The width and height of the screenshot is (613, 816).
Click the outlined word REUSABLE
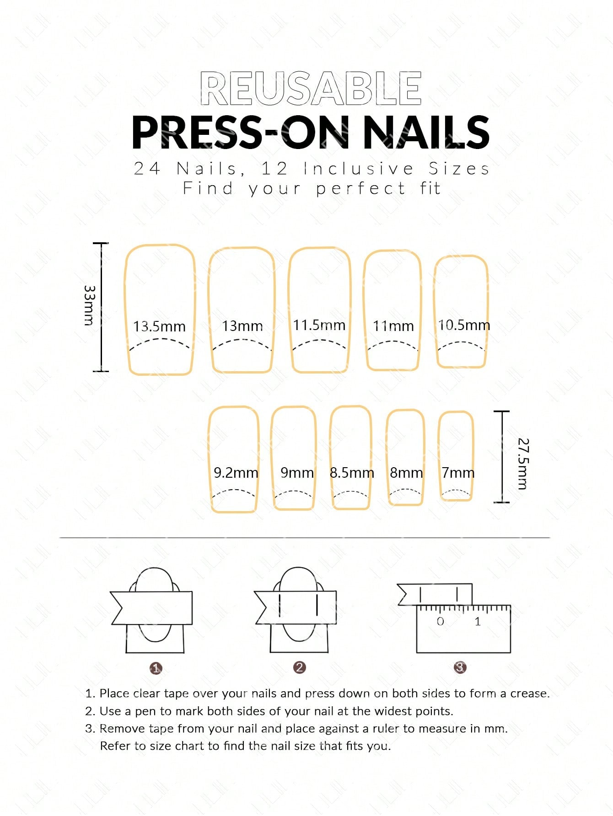(x=311, y=88)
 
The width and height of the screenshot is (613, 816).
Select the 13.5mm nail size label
(x=159, y=326)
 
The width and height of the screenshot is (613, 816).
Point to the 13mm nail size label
(x=242, y=326)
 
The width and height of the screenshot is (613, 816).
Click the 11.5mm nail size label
(x=319, y=325)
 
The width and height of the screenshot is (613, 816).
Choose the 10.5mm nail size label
(x=464, y=325)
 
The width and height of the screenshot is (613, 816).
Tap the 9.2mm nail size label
(x=236, y=473)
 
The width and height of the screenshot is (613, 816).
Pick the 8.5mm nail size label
(x=352, y=473)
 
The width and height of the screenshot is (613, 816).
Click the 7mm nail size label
(x=458, y=473)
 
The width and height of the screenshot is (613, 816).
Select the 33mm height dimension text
(x=90, y=305)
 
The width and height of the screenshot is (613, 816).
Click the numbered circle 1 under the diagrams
(x=156, y=668)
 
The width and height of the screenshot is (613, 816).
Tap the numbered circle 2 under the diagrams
(x=299, y=667)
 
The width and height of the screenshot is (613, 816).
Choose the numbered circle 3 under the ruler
(x=460, y=667)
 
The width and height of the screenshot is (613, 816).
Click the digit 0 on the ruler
(x=441, y=621)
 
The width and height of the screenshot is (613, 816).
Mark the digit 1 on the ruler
(x=478, y=621)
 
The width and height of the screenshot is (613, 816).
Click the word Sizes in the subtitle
(x=459, y=169)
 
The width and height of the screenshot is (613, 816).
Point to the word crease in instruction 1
(x=530, y=693)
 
